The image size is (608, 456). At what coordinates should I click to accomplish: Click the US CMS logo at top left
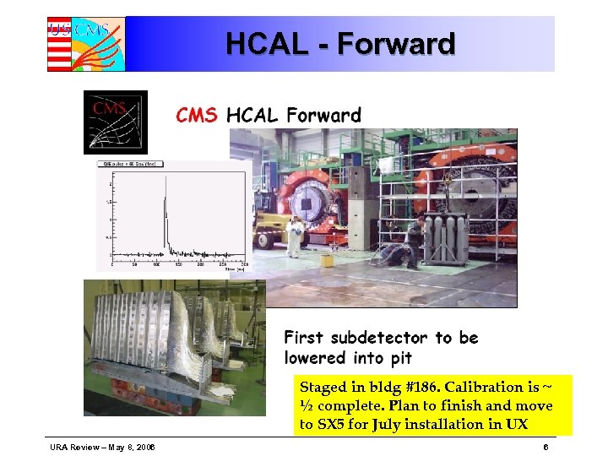85,44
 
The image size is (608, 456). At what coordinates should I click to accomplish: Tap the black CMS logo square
115,122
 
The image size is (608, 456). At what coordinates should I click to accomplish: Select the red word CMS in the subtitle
196,116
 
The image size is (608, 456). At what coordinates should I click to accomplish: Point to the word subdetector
380,338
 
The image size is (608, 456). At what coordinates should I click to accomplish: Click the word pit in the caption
395,358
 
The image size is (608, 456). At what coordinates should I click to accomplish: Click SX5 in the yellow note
333,424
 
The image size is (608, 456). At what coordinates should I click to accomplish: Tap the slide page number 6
546,447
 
